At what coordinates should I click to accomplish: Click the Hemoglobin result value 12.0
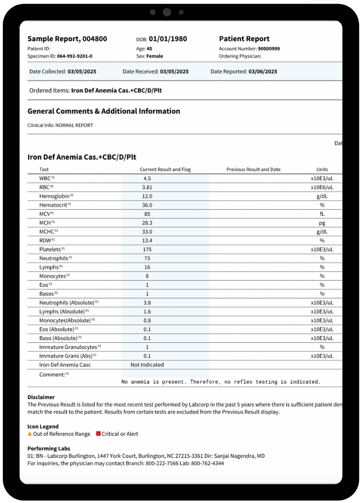coord(147,196)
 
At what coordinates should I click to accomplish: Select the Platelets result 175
coord(147,250)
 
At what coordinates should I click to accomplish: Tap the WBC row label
coord(45,178)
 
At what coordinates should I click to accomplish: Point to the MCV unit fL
coord(322,214)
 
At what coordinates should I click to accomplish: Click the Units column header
coord(322,170)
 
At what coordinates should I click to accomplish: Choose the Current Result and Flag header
coord(165,170)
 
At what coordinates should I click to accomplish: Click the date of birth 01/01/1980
coord(168,39)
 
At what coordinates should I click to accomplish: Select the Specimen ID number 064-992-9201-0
coord(75,56)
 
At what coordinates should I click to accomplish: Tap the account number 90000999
coord(269,48)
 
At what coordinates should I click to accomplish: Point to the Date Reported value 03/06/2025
coord(263,72)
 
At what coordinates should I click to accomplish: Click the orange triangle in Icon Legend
coord(30,434)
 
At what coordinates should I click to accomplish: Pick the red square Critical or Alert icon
coord(98,434)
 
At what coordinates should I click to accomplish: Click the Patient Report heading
coord(244,39)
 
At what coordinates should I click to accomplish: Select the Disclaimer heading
coord(41,397)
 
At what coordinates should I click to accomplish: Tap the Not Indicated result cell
coord(147,365)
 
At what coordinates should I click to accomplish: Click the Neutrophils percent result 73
coord(147,258)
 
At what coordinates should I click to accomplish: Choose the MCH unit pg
coord(322,223)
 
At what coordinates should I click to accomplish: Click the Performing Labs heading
coord(48,449)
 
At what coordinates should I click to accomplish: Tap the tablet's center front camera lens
coord(167,12)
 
